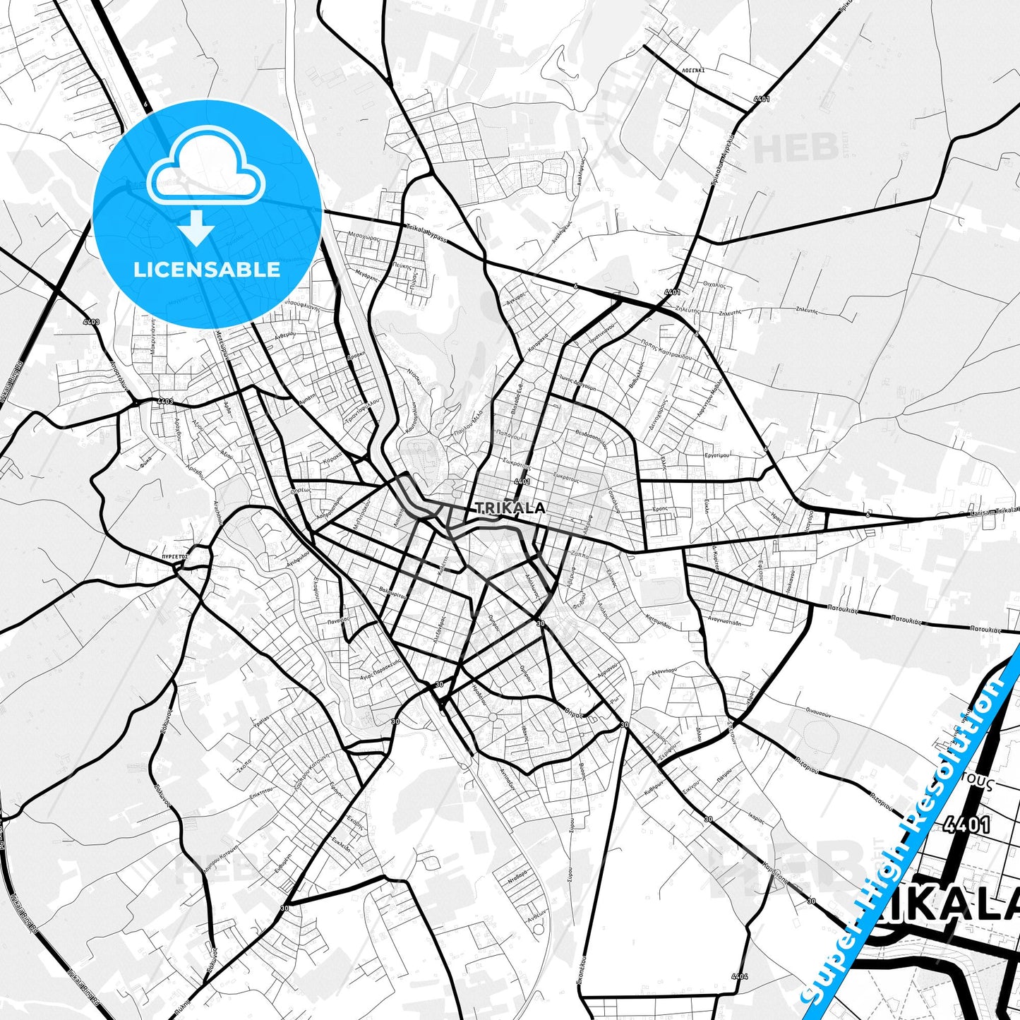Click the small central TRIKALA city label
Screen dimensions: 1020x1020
click(510, 508)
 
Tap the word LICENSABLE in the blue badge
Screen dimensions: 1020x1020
click(208, 270)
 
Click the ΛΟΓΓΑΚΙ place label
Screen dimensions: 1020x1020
click(693, 71)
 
